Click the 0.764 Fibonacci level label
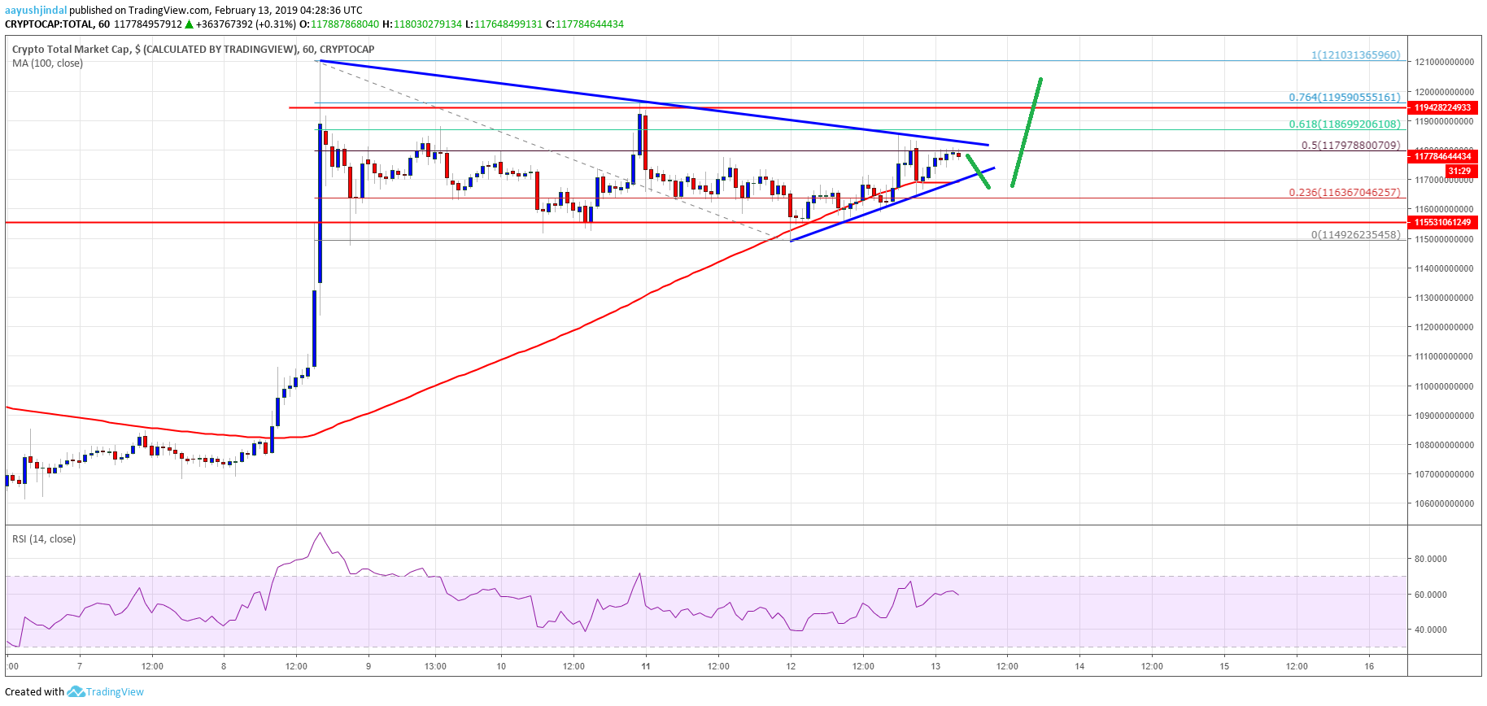point(1344,98)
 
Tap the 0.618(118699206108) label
point(1344,124)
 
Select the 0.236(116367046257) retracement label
point(1344,193)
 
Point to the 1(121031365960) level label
point(1355,55)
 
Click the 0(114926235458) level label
point(1355,234)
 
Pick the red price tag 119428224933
point(1442,107)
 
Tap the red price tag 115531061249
point(1442,222)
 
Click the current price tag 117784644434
point(1442,156)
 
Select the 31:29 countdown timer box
point(1459,171)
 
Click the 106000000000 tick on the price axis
point(1444,503)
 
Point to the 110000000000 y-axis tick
point(1444,386)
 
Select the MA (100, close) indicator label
point(47,63)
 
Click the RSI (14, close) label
point(44,539)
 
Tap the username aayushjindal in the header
point(36,11)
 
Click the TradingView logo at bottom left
point(106,692)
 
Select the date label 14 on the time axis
point(1079,666)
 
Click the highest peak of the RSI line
point(321,534)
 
